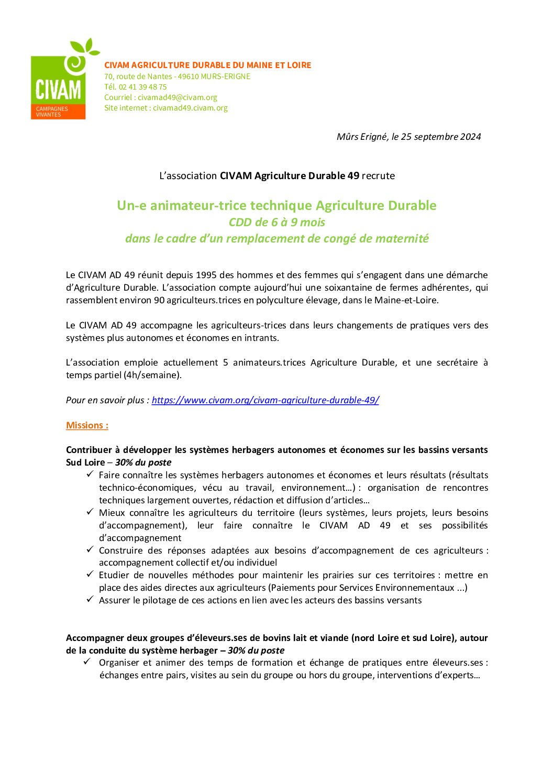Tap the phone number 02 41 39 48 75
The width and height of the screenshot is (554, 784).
click(142, 87)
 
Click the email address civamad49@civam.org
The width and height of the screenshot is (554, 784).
click(178, 97)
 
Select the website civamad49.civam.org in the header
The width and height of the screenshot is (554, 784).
click(190, 108)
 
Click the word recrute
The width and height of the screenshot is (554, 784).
click(378, 176)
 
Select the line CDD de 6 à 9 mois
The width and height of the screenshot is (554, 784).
click(277, 222)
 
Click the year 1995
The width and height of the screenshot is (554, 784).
click(206, 275)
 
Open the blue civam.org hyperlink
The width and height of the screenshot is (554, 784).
click(265, 400)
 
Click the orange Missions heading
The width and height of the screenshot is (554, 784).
click(87, 425)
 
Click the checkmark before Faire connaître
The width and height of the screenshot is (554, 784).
click(90, 474)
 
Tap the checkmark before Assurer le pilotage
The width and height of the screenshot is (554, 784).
click(90, 599)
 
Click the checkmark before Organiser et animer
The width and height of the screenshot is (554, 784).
click(87, 661)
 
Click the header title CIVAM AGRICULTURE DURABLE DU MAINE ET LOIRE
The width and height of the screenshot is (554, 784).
click(207, 65)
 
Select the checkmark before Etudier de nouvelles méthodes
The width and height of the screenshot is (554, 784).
click(90, 574)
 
